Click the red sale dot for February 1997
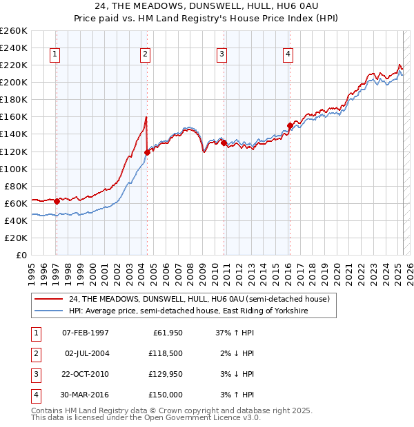tap(57, 201)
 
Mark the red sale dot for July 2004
tap(147, 152)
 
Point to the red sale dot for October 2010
tap(224, 143)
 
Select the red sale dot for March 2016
tap(290, 125)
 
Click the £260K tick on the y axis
tap(14, 31)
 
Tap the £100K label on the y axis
tap(14, 169)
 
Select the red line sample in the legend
tap(49, 299)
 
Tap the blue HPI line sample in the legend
tap(49, 311)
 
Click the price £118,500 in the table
tap(166, 353)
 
